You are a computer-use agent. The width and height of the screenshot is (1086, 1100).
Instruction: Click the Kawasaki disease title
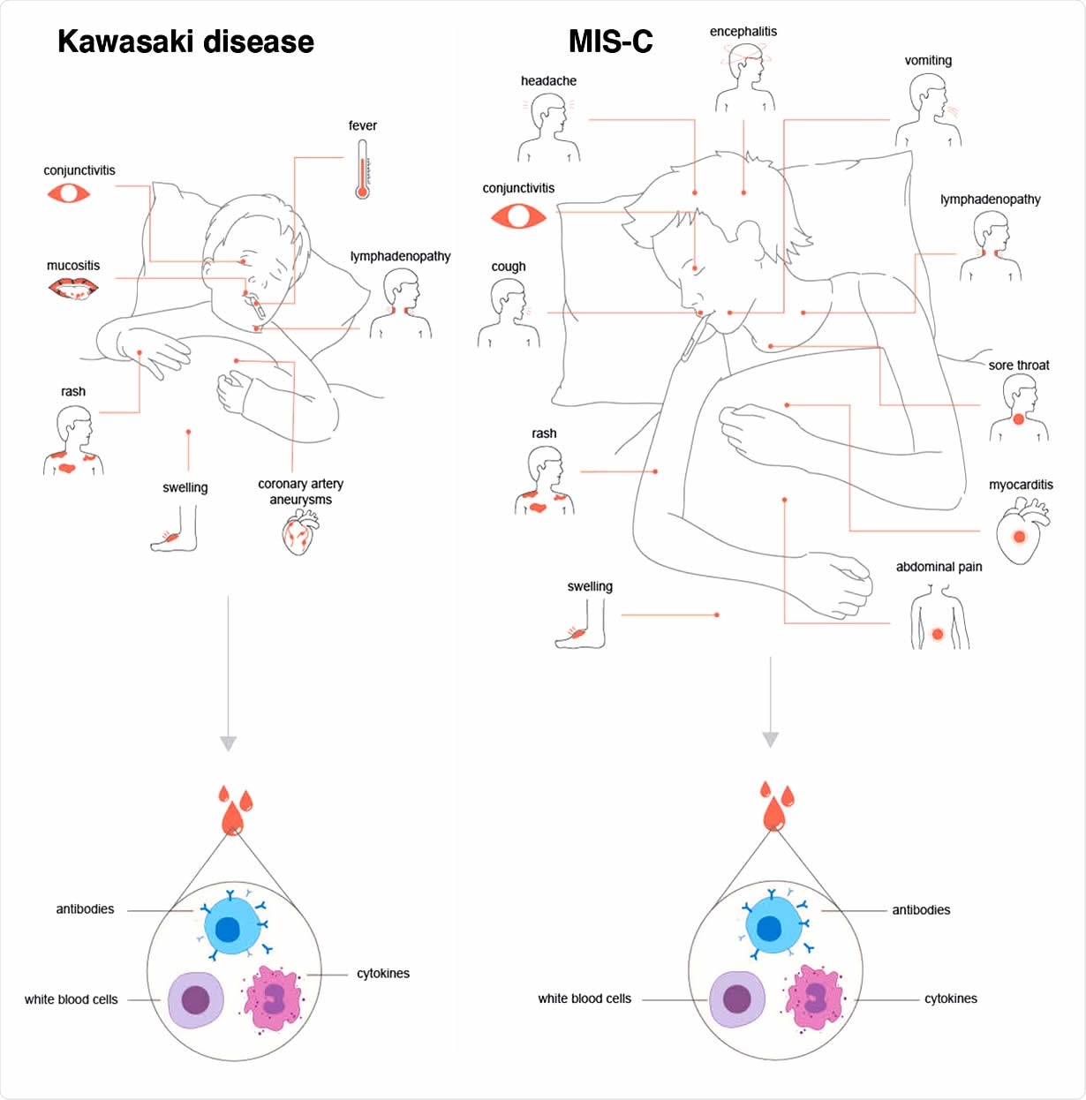[185, 41]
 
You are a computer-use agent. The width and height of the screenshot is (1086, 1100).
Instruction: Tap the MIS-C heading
[610, 41]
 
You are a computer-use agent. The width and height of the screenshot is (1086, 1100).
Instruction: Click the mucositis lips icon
[73, 288]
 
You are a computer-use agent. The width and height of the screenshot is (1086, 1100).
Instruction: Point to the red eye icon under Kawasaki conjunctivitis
[69, 192]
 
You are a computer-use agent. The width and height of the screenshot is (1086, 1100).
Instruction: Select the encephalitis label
[743, 32]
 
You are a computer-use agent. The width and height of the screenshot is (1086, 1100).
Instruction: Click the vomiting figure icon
[928, 111]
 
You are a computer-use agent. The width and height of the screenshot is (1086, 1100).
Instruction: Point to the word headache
[548, 81]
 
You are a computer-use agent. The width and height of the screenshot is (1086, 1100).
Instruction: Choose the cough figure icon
[509, 313]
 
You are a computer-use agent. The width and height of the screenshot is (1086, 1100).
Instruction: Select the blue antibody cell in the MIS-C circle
[770, 928]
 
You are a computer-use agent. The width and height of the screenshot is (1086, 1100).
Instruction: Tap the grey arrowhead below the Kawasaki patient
[228, 742]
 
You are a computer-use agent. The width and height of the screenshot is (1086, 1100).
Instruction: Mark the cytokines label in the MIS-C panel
[950, 998]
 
